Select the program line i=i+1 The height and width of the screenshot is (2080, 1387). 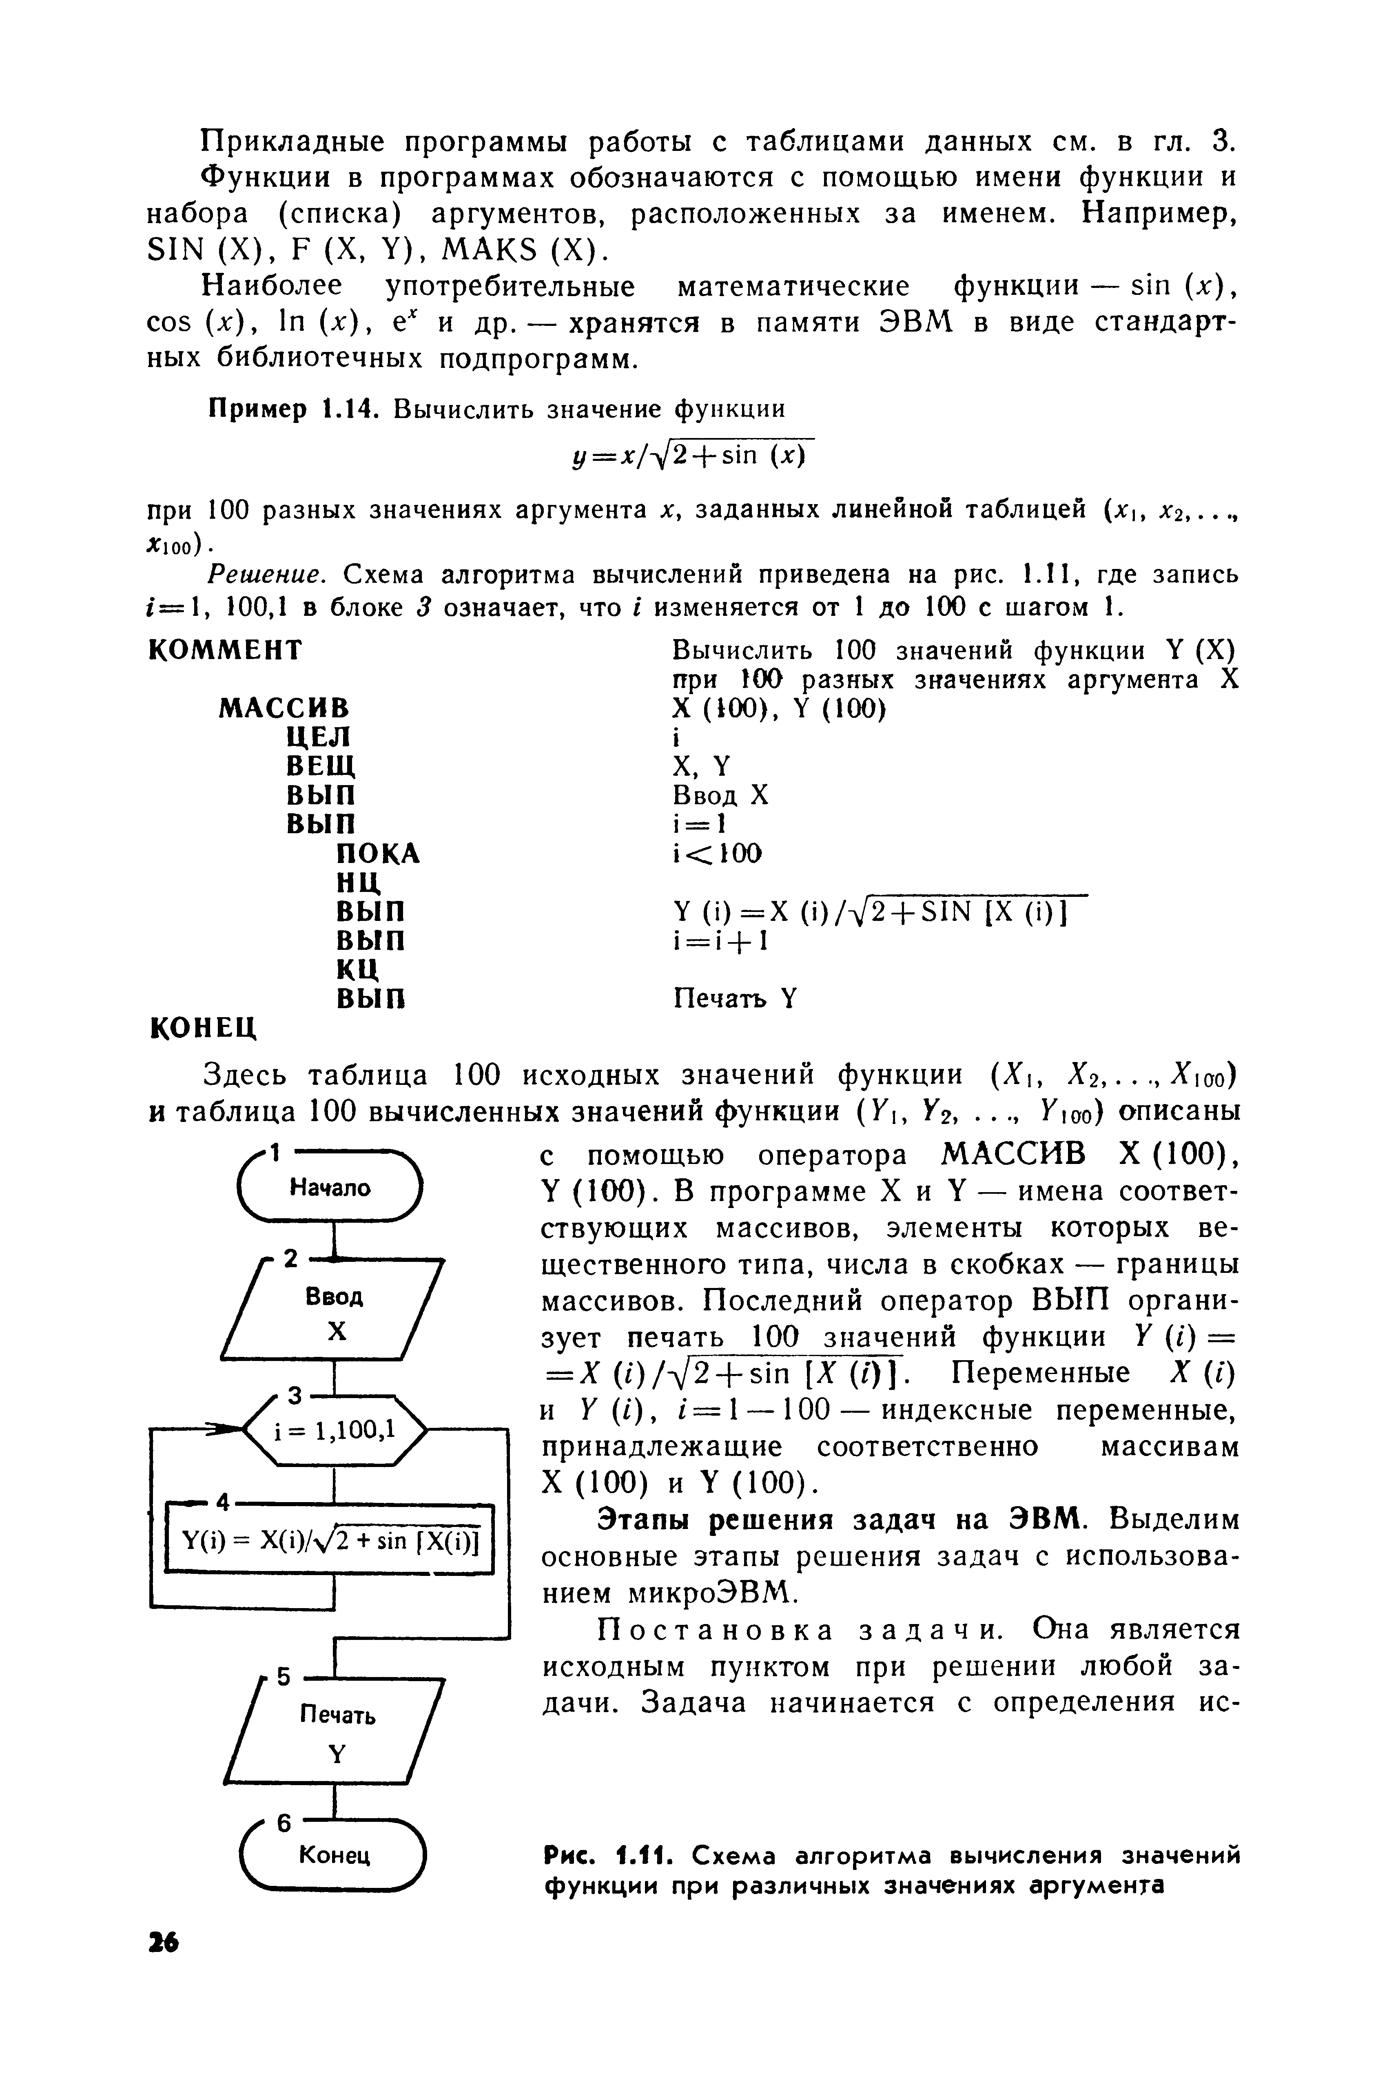tap(720, 941)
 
